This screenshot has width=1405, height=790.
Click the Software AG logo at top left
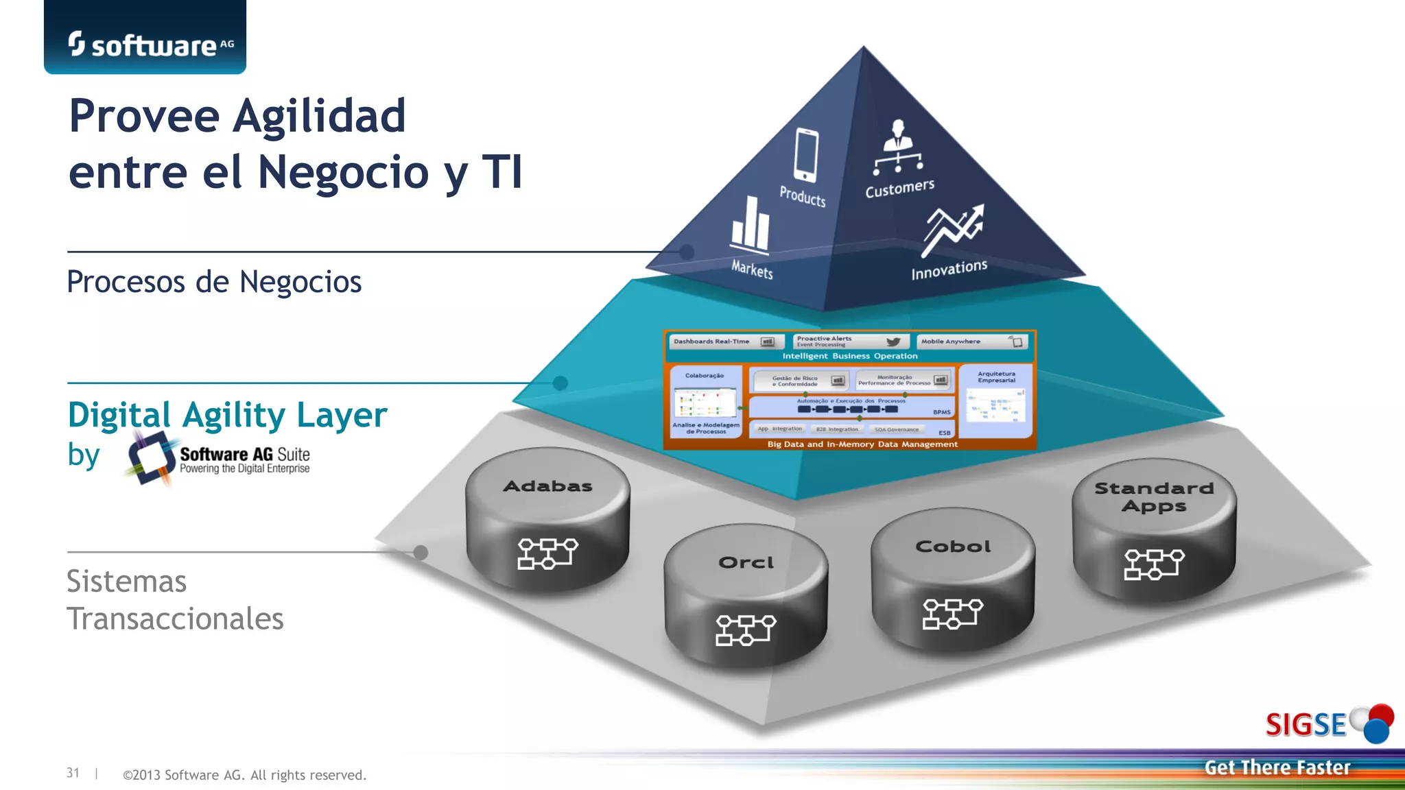[150, 45]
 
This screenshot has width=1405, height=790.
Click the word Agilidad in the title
[320, 116]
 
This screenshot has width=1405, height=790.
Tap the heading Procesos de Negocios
[214, 282]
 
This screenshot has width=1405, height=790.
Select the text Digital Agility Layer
[228, 415]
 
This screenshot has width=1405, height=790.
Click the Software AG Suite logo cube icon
[150, 457]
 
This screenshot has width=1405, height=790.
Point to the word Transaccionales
[175, 619]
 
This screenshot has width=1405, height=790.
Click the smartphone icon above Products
[805, 155]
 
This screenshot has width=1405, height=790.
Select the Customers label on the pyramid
[899, 188]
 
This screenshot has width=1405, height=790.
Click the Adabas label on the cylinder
[547, 486]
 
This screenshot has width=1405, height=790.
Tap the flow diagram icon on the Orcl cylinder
[745, 630]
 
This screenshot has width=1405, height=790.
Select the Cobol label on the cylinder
[953, 547]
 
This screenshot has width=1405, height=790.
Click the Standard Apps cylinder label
[1154, 497]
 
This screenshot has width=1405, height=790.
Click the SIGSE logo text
[1306, 725]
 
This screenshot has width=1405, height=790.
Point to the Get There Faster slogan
[1277, 767]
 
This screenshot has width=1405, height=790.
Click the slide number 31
[73, 773]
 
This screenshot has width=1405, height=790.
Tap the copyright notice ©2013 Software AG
[244, 775]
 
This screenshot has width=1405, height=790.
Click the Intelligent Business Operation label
[850, 356]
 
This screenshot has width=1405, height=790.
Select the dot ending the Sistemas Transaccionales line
[421, 552]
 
